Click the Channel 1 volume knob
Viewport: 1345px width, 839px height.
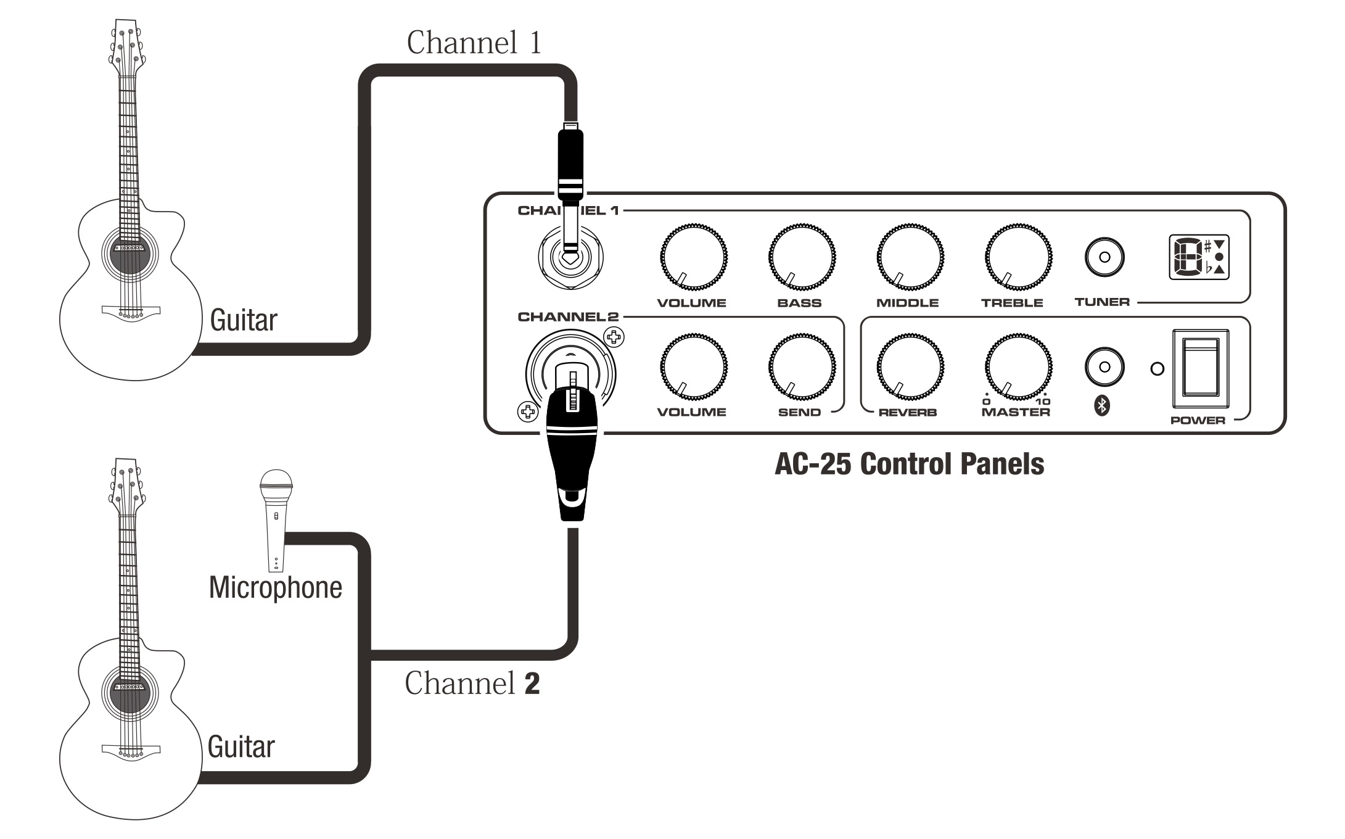[x=693, y=257]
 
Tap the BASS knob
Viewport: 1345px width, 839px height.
[x=802, y=257]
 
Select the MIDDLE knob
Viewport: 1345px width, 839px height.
[x=910, y=257]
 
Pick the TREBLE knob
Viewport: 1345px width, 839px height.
[x=1018, y=257]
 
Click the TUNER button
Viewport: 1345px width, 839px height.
[x=1104, y=257]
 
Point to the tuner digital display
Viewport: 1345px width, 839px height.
[x=1199, y=257]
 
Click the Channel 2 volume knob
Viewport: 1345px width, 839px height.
[x=693, y=366]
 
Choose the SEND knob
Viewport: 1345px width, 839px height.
[x=802, y=366]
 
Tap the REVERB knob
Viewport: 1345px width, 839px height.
[x=910, y=366]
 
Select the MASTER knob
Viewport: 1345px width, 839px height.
[x=1018, y=366]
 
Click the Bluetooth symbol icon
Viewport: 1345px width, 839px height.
[x=1102, y=405]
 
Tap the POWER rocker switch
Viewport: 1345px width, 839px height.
[x=1200, y=368]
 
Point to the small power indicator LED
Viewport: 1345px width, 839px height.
[x=1158, y=369]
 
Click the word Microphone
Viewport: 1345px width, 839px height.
[x=275, y=587]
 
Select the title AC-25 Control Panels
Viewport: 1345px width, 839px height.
[x=909, y=464]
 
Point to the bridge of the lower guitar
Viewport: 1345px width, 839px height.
[x=130, y=750]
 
